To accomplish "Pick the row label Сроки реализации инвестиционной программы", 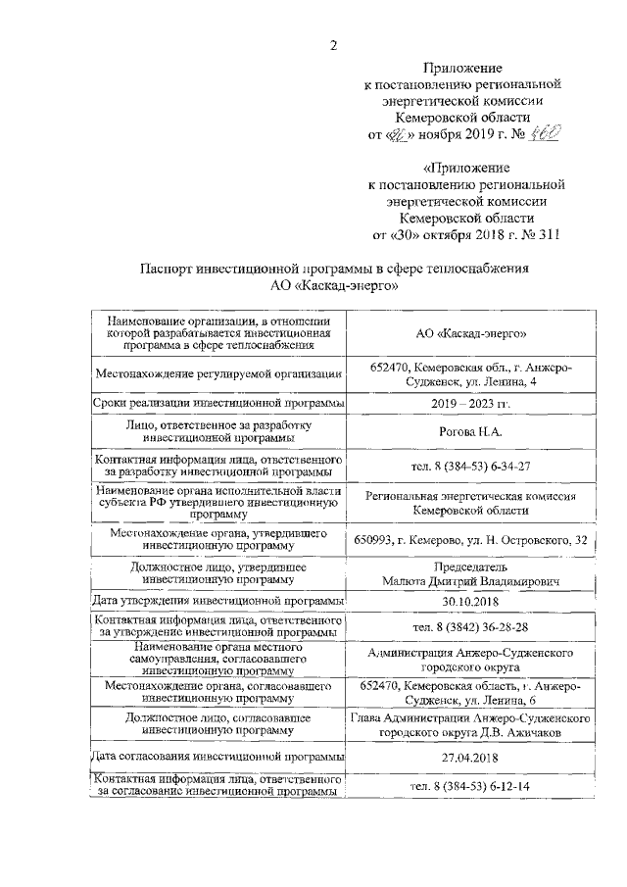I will tap(218, 403).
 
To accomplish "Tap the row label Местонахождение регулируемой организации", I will tap(218, 373).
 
